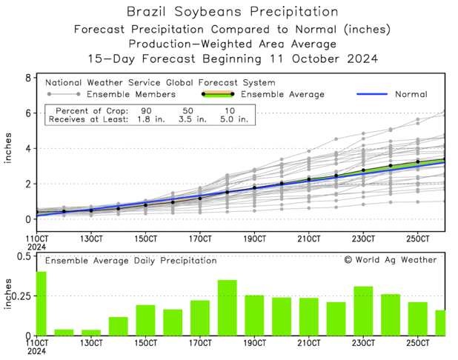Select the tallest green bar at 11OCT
pos(42,304)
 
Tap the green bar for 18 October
pos(227,307)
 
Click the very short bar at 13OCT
pos(90,333)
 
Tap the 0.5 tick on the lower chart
pos(23,256)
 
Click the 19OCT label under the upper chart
pos(254,239)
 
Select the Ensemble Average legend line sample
pos(217,94)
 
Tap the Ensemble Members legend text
pos(130,95)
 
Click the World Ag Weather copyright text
pos(390,260)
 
